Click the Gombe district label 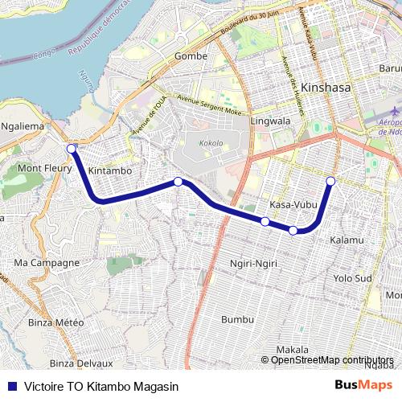click(191, 55)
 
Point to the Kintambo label click(110, 171)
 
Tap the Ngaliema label click(25, 126)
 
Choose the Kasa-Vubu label click(291, 205)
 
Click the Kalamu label click(347, 240)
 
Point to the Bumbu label click(236, 318)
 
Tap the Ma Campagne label click(47, 262)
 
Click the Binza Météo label click(55, 322)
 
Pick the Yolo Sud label click(352, 278)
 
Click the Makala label click(292, 350)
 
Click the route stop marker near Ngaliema click(72, 149)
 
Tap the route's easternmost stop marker click(330, 180)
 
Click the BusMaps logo click(364, 384)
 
